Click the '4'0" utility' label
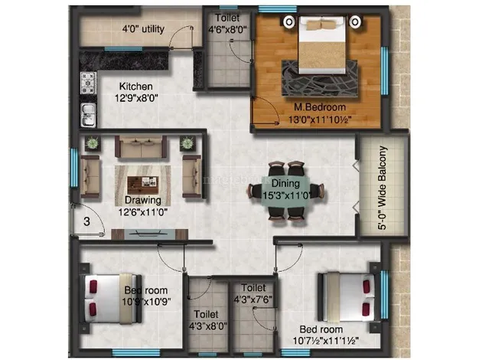click(142, 31)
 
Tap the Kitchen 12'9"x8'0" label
click(136, 93)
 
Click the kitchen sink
click(87, 113)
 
